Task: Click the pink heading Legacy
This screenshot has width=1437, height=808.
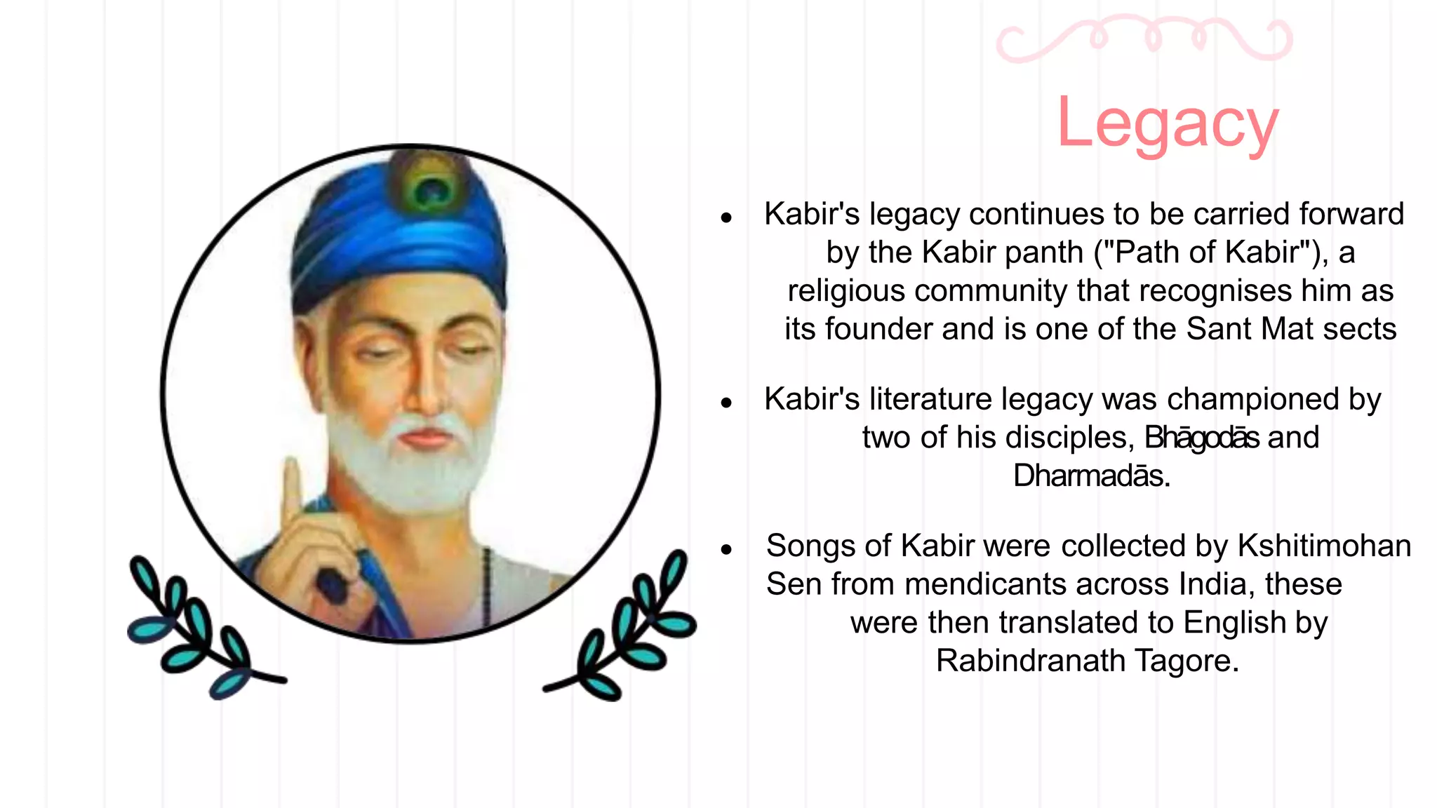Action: tap(1168, 123)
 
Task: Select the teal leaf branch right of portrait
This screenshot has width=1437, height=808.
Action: tap(628, 628)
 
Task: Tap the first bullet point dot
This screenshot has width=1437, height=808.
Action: tap(726, 217)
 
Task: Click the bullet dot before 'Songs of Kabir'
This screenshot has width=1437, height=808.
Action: tap(726, 549)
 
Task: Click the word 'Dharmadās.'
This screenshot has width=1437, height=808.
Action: tap(1092, 476)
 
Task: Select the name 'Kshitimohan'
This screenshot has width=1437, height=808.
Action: tap(1324, 546)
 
